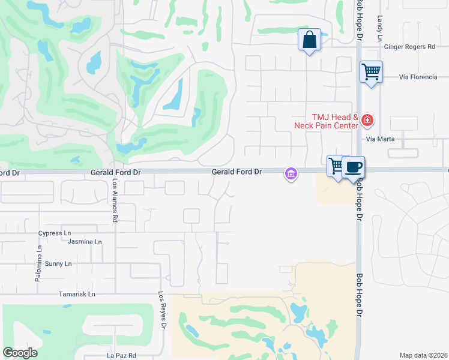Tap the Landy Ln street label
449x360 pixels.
click(x=379, y=23)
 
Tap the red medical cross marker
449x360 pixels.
click(x=367, y=121)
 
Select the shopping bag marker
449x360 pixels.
click(x=310, y=40)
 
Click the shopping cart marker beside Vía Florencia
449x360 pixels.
click(x=372, y=73)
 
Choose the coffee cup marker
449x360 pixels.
click(x=354, y=166)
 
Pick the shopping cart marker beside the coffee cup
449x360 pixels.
click(x=336, y=166)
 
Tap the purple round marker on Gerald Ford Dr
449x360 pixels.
click(x=291, y=174)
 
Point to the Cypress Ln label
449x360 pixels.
click(x=54, y=233)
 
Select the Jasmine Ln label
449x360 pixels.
click(x=85, y=242)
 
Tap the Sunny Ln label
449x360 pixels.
click(x=58, y=263)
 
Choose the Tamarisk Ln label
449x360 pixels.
click(x=77, y=295)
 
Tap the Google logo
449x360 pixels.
click(x=20, y=353)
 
